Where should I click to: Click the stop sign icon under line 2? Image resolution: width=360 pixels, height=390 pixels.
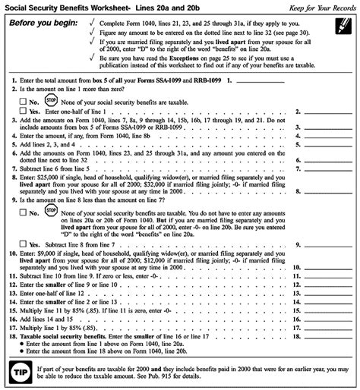point(50,99)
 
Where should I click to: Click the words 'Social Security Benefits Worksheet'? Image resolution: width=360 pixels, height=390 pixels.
point(71,6)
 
